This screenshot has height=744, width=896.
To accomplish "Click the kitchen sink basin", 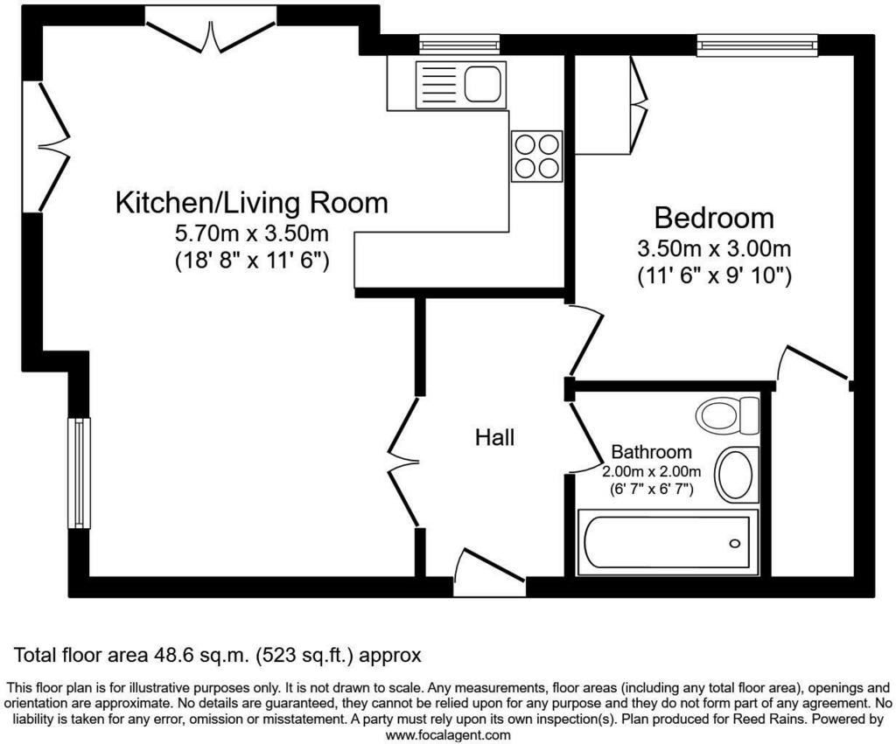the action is click(483, 83).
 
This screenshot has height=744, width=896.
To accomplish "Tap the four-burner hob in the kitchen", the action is click(536, 156).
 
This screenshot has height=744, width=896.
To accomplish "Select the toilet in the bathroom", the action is click(727, 414).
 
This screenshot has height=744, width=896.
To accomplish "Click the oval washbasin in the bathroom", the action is click(737, 475).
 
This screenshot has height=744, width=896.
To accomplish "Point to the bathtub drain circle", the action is click(734, 543).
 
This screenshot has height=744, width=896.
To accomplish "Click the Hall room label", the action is click(495, 437).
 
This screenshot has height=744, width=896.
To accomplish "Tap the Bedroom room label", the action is click(714, 218).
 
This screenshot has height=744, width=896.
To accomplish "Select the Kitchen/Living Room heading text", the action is click(251, 203).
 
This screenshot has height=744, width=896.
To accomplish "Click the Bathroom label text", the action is click(651, 452).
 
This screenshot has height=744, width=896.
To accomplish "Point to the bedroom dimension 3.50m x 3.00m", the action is click(714, 248).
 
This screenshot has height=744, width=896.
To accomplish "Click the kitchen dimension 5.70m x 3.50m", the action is click(251, 233).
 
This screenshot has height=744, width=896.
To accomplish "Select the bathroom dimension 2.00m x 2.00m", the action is click(651, 471).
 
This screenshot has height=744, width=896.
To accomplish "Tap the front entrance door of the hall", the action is click(489, 572).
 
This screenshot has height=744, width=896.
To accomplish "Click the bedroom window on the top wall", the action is click(757, 45).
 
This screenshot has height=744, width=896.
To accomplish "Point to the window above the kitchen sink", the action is click(459, 45).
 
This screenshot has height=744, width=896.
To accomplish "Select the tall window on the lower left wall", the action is click(79, 473).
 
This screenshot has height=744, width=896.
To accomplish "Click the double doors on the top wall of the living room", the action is click(211, 31).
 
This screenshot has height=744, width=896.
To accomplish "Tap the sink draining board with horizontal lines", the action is click(438, 83).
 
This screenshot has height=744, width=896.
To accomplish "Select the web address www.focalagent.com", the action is click(448, 735).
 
